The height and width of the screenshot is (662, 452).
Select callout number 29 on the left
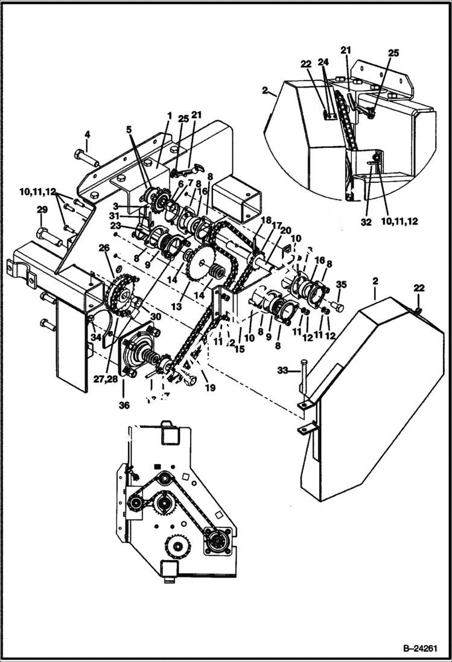(42, 210)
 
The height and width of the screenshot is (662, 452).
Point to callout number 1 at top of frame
(170, 115)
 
